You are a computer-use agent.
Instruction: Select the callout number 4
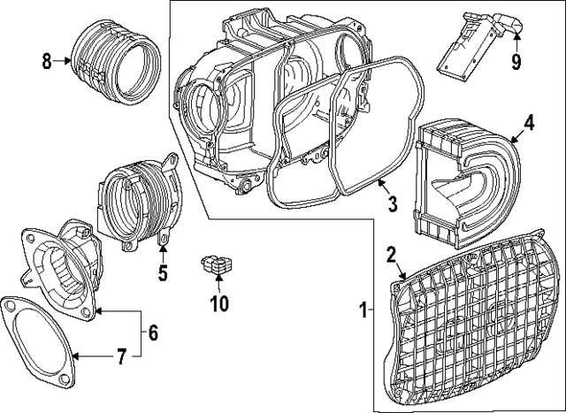528,123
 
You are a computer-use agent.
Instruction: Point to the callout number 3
392,204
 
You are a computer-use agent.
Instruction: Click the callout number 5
163,273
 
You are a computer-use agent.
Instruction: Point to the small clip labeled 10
218,264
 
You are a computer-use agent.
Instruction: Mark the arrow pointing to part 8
64,60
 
